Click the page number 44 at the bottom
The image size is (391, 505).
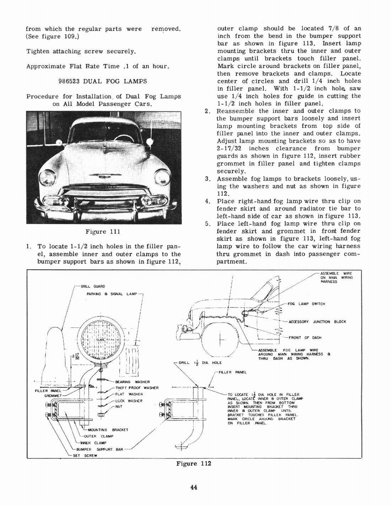193,488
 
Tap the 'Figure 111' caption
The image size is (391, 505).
103,232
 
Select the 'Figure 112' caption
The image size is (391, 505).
193,464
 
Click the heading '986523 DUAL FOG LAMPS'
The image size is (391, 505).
103,81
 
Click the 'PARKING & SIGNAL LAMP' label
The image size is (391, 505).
112,294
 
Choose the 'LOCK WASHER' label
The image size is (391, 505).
129,401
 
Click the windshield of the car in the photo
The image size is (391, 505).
105,132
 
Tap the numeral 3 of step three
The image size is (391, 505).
208,179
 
